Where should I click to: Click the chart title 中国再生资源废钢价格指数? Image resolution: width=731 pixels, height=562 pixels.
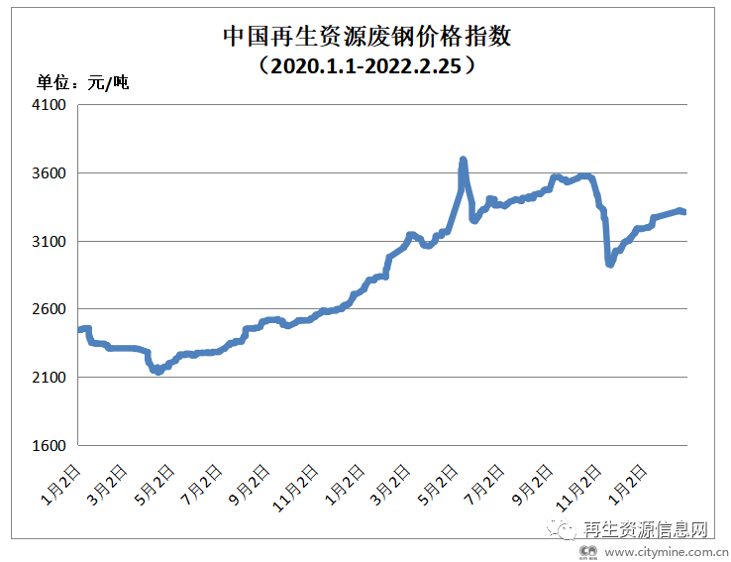coord(365,38)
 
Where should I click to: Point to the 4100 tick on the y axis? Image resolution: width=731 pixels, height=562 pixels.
coord(49,105)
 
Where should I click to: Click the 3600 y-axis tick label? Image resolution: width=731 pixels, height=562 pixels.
coord(49,173)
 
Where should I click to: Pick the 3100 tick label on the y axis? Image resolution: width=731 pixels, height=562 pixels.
coord(49,242)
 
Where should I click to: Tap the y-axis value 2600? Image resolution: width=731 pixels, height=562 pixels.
coord(49,310)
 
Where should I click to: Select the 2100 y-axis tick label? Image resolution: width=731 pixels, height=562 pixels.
coord(49,379)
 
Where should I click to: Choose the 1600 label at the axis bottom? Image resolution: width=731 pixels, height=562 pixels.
coord(49,446)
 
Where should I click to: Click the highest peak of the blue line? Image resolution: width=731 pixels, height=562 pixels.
coord(463,160)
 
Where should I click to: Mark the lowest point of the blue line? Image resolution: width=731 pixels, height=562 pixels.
coord(157,371)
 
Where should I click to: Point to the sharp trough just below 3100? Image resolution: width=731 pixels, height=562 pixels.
coord(610,264)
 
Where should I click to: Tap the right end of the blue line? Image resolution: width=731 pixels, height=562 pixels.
coord(683,211)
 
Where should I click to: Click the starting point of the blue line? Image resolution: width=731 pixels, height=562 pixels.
coord(79,329)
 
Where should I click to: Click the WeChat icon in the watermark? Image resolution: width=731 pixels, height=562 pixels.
coord(566,530)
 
